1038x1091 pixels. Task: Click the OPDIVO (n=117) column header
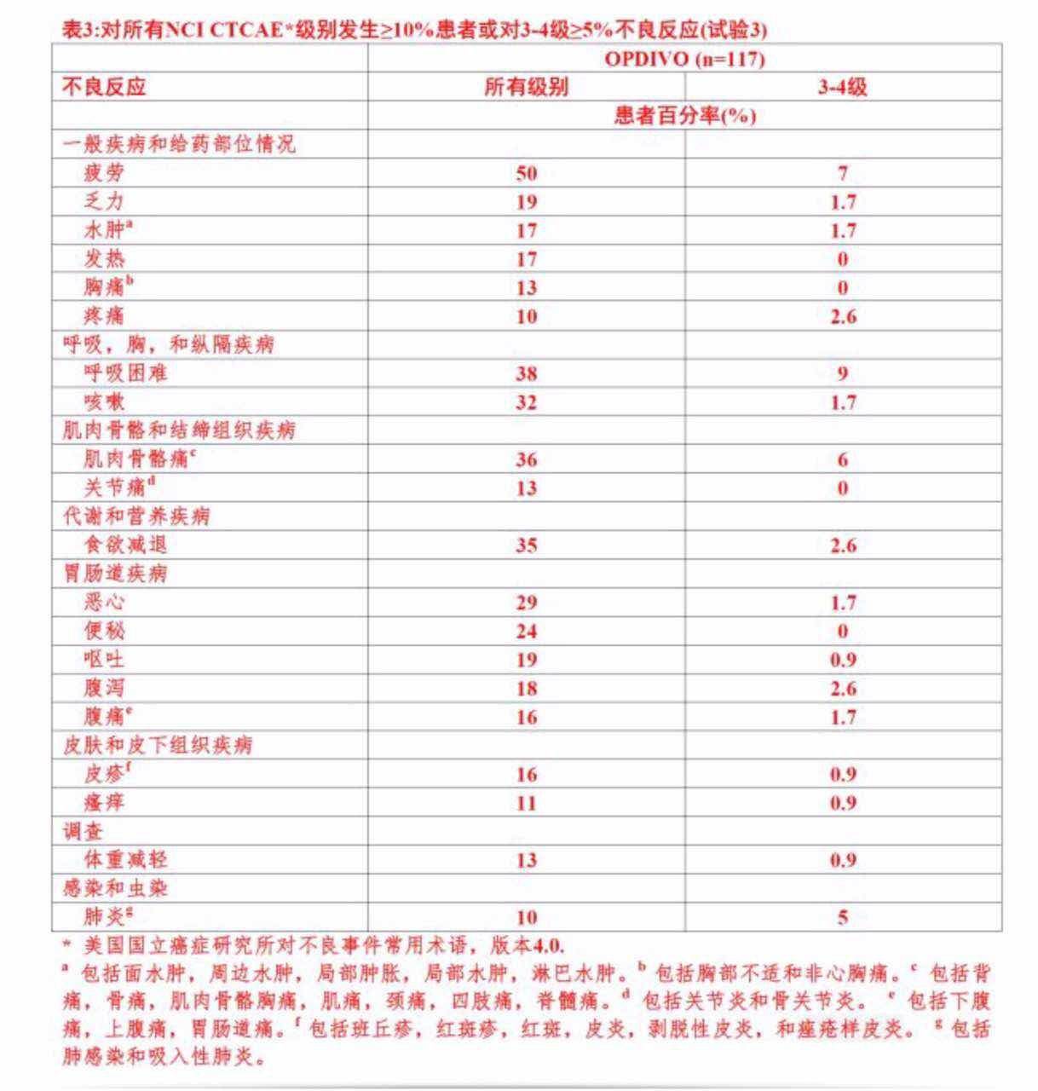pos(684,59)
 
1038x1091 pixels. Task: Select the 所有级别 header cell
pos(526,87)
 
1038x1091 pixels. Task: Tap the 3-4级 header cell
pos(843,87)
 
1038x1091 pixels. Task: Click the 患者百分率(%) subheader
pos(684,116)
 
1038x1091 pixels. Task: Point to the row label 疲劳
pos(104,173)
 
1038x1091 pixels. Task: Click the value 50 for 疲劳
pos(526,173)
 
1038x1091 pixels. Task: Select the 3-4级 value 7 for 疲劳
pos(843,173)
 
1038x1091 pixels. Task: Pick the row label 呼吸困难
pos(125,373)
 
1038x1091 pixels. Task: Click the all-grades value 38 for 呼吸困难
pos(526,373)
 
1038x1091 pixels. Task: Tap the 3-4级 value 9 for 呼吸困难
pos(843,373)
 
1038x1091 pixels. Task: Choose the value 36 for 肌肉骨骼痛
pos(526,459)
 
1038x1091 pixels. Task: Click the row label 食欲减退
pos(125,545)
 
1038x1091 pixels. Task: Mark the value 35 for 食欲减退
pos(526,545)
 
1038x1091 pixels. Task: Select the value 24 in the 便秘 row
pos(526,631)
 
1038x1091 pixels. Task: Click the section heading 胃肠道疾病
pos(115,574)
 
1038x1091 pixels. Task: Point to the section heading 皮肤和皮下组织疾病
pos(158,745)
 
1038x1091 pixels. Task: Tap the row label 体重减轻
pos(125,859)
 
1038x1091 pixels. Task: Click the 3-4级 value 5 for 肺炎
pos(843,917)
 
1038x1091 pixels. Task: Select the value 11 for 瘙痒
pos(526,803)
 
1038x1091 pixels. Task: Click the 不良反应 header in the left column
pos(104,87)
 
